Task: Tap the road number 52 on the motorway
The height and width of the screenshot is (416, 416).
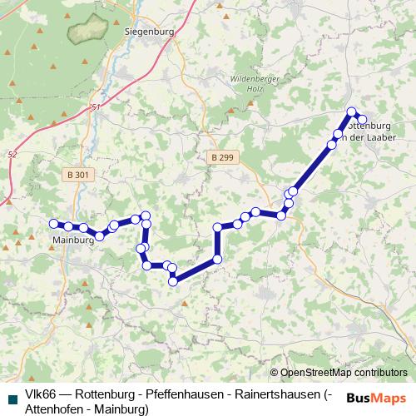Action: pyautogui.click(x=11, y=155)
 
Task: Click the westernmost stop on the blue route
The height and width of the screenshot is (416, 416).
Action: pyautogui.click(x=54, y=223)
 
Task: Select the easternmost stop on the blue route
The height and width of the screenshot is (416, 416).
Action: pyautogui.click(x=362, y=120)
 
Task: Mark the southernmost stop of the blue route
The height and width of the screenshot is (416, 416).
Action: pyautogui.click(x=173, y=281)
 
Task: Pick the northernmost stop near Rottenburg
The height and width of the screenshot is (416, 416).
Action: pyautogui.click(x=352, y=111)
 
